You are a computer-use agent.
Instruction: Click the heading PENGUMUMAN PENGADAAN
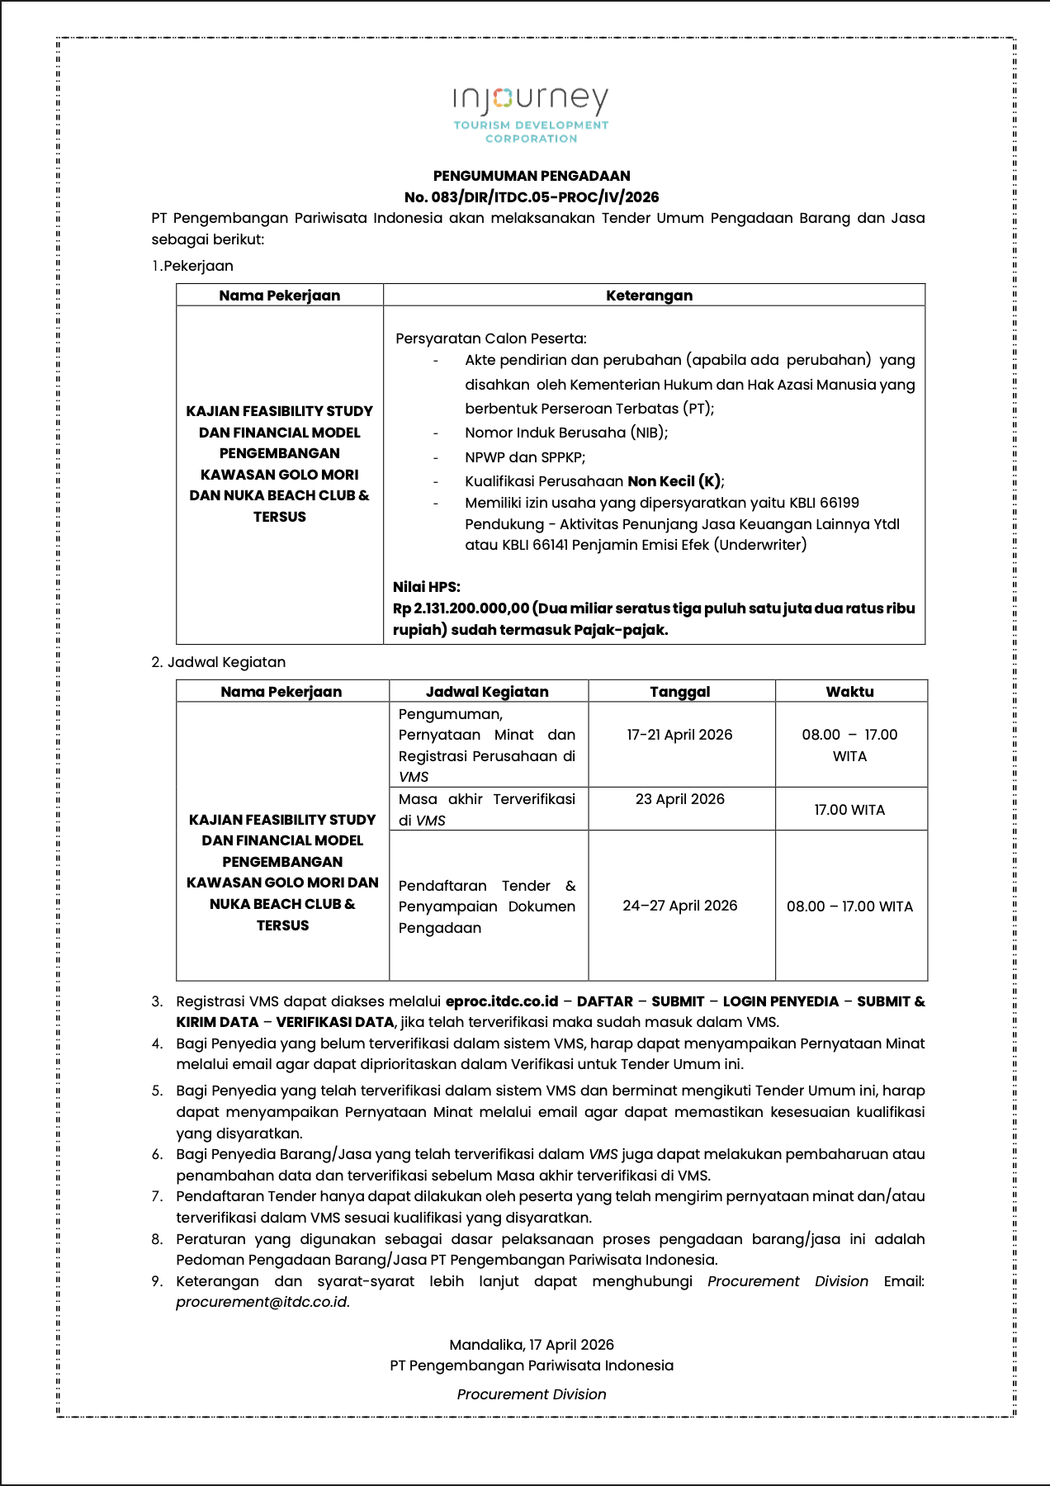532,176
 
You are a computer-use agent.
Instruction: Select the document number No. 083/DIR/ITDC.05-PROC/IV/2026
532,197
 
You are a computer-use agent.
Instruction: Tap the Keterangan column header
650,296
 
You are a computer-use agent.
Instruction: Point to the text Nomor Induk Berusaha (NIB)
566,433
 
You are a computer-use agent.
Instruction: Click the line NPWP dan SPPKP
525,457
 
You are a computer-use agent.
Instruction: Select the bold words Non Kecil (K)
674,481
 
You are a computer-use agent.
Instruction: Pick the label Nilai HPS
427,587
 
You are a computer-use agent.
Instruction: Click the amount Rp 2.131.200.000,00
461,608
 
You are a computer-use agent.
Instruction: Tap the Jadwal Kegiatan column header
487,692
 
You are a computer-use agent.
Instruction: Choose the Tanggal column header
680,692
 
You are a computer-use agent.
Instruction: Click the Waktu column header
849,692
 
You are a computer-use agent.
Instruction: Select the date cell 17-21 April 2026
679,735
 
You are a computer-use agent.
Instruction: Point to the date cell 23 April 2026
680,799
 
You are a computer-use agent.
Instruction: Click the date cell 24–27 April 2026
680,906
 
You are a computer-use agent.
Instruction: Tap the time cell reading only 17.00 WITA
849,810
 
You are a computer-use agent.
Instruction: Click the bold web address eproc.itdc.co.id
502,1001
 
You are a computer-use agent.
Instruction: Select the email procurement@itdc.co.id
262,1302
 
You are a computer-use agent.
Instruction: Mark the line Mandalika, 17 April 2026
532,1345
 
